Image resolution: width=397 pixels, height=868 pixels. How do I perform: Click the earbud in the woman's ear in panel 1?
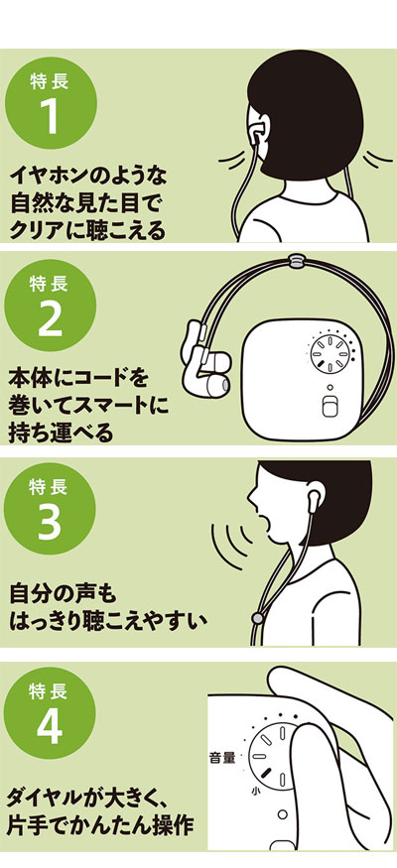(256, 135)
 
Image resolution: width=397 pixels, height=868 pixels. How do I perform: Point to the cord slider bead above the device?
(297, 260)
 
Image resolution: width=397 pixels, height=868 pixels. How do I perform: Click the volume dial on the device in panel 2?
(330, 354)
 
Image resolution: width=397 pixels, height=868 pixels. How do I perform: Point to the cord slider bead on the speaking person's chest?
(257, 617)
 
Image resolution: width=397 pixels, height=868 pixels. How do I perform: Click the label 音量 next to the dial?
(222, 758)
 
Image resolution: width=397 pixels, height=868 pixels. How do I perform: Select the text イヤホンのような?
(88, 177)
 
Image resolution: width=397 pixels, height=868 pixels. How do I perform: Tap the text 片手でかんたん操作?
(101, 825)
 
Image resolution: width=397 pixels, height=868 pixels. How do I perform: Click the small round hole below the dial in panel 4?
(283, 813)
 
